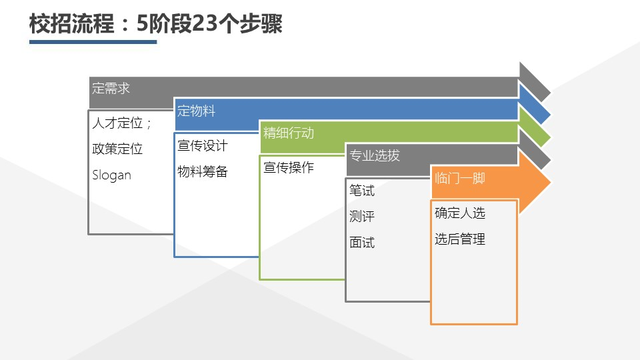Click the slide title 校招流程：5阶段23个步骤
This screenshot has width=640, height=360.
point(155,24)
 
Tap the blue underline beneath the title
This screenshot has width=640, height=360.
point(93,41)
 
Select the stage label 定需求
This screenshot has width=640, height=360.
point(111,88)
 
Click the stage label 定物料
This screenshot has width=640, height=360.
point(196,111)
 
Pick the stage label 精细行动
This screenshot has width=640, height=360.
point(289,133)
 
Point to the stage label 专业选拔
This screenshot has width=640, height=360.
point(374,155)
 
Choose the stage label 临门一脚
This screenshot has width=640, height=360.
point(459,179)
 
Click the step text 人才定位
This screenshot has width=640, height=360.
point(117,123)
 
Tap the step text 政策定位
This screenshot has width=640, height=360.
point(117,149)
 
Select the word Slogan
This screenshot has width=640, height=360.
point(111,175)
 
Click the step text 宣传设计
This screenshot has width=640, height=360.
point(203,146)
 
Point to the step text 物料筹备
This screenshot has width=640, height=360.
point(203,171)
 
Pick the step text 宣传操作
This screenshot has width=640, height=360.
point(289,167)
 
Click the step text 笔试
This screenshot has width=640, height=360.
point(361,191)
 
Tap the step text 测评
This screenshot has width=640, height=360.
point(361,216)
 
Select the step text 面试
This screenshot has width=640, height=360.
point(361,243)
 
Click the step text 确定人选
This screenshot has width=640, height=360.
point(459,213)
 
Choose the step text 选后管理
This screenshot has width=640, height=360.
point(459,239)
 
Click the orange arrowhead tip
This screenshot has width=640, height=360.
point(551,182)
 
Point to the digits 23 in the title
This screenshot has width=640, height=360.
point(205,24)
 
